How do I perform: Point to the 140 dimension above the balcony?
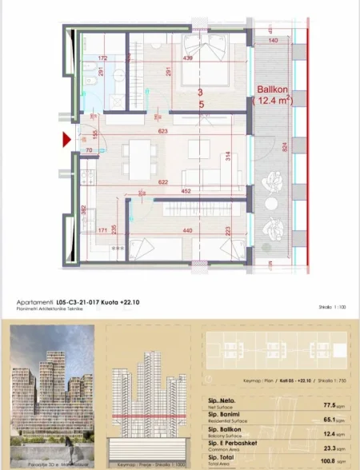pyautogui.click(x=273, y=40)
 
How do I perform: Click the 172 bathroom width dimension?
pyautogui.click(x=102, y=58)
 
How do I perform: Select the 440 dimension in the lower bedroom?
pyautogui.click(x=190, y=230)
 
